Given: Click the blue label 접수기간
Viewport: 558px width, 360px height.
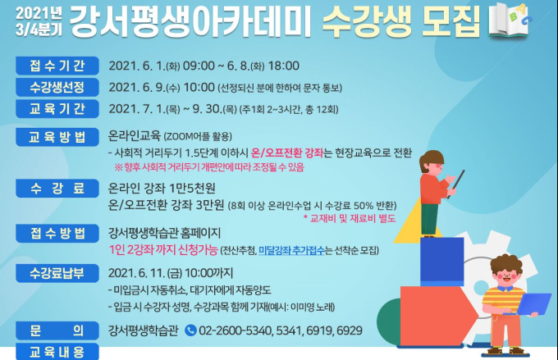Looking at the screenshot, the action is tap(57, 66).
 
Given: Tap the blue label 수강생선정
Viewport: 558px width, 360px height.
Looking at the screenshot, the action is tap(57, 87).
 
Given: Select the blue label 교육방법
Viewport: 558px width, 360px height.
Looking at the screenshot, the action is tap(57, 137).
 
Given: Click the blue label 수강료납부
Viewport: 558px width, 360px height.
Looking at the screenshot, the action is tap(57, 273).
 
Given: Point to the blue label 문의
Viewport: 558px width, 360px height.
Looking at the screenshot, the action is tap(57, 330).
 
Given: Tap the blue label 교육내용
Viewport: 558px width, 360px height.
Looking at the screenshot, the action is tap(57, 352).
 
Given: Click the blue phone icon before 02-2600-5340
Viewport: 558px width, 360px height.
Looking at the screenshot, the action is tap(190, 330).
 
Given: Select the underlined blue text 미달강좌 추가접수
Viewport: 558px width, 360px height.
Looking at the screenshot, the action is tap(291, 250).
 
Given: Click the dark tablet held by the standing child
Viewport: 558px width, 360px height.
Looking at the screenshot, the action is tap(456, 184).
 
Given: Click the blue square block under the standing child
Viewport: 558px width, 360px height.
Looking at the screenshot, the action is tap(442, 262).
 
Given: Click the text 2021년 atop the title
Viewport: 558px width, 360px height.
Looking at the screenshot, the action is tap(39, 13).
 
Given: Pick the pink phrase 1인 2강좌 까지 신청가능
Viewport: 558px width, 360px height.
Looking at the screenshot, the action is tap(163, 250).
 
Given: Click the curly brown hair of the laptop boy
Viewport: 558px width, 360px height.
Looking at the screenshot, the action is tap(506, 264).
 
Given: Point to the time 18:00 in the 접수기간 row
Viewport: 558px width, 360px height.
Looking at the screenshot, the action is tap(283, 66).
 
